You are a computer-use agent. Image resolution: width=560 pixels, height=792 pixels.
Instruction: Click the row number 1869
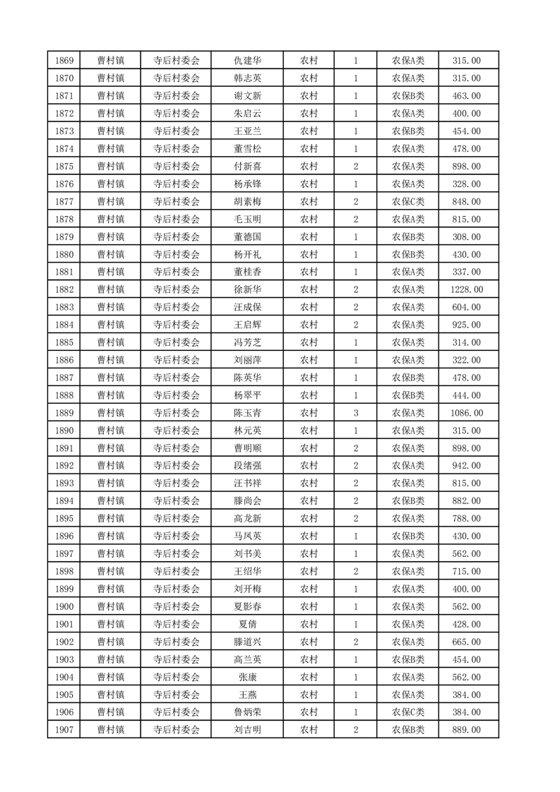64,61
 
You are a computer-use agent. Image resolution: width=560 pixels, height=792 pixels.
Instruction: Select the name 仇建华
247,61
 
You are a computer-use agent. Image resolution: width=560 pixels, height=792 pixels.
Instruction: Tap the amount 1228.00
468,289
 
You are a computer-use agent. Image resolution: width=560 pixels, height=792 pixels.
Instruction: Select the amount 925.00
468,325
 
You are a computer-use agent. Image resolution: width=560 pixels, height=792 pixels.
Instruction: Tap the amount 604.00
468,307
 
